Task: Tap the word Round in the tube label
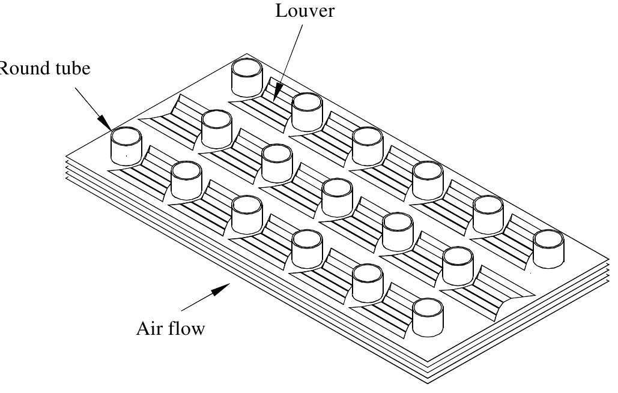(17, 69)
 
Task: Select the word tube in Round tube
(70, 69)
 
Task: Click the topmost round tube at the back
(247, 77)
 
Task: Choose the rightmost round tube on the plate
(548, 248)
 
